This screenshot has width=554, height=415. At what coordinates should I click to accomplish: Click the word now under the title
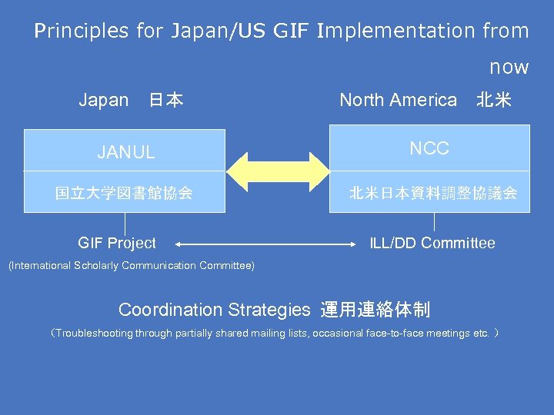(509, 68)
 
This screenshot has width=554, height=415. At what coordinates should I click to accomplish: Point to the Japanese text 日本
(165, 101)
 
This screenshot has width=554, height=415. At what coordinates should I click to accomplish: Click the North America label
(398, 100)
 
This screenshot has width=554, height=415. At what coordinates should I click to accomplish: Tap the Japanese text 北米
(493, 101)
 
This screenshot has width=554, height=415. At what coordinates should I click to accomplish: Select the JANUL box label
(125, 152)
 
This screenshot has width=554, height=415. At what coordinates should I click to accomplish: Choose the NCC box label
(429, 148)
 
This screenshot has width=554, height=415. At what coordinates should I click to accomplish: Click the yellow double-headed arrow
(277, 171)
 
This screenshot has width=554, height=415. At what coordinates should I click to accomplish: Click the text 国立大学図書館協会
(124, 193)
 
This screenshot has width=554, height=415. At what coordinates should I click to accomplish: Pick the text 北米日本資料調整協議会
(432, 193)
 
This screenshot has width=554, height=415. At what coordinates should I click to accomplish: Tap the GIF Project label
(117, 244)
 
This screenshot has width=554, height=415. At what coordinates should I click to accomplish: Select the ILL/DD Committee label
(432, 244)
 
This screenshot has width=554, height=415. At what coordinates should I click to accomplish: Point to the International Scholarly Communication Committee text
(131, 266)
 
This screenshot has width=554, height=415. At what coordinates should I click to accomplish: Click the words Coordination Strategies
(214, 310)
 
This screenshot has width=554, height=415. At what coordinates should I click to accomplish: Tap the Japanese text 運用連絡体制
(375, 310)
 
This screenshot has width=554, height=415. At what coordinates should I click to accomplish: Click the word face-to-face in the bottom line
(381, 334)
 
